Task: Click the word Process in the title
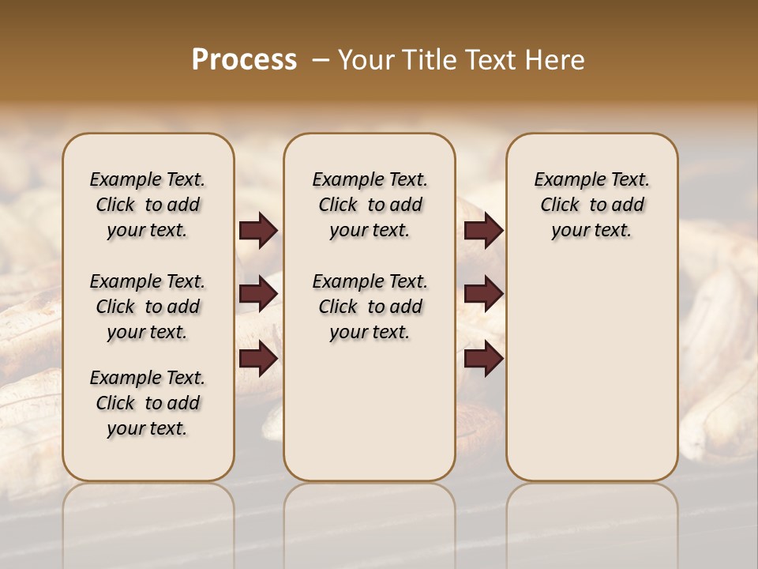pyautogui.click(x=244, y=60)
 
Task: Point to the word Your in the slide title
pyautogui.click(x=367, y=60)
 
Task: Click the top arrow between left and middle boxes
pyautogui.click(x=258, y=231)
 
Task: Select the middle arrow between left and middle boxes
pyautogui.click(x=258, y=294)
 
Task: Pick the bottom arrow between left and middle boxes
pyautogui.click(x=258, y=358)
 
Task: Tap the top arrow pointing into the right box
pyautogui.click(x=484, y=231)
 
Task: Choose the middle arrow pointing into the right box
pyautogui.click(x=484, y=294)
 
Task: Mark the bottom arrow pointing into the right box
pyautogui.click(x=484, y=358)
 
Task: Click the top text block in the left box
pyautogui.click(x=148, y=205)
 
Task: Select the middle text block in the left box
pyautogui.click(x=148, y=307)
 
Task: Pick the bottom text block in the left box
pyautogui.click(x=148, y=403)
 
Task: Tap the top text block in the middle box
pyautogui.click(x=370, y=205)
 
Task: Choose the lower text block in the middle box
pyautogui.click(x=370, y=307)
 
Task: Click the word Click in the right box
pyautogui.click(x=560, y=205)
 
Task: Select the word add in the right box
pyautogui.click(x=629, y=205)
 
